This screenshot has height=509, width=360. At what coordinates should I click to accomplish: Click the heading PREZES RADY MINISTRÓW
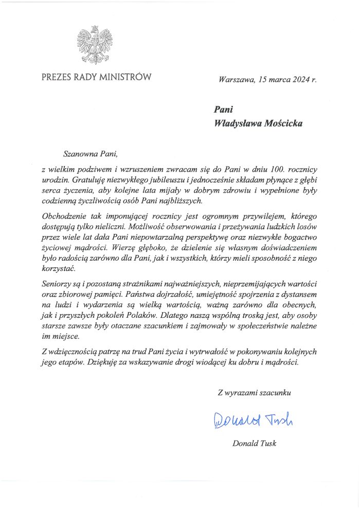click(97, 78)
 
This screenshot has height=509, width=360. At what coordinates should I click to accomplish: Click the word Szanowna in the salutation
click(79, 153)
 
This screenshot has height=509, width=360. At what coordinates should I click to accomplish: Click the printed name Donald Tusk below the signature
click(255, 443)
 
